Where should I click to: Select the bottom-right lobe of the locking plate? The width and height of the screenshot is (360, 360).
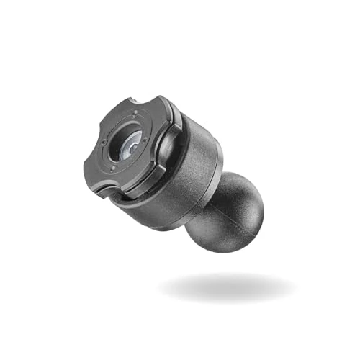144,184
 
